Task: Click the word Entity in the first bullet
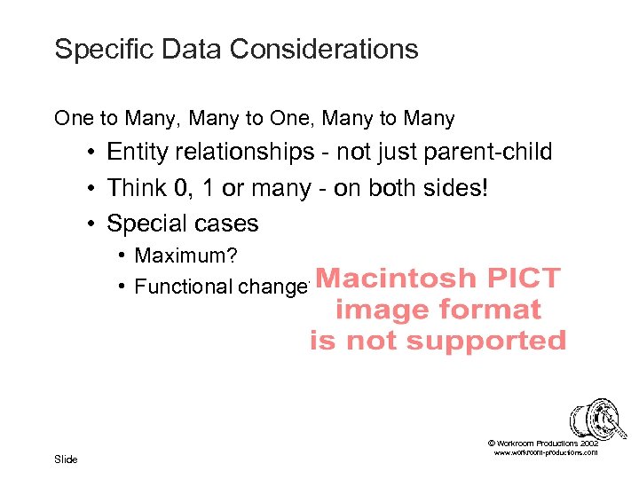(x=134, y=153)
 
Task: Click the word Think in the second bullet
(x=132, y=188)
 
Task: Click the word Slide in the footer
(x=66, y=459)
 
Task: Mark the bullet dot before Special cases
(x=92, y=224)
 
